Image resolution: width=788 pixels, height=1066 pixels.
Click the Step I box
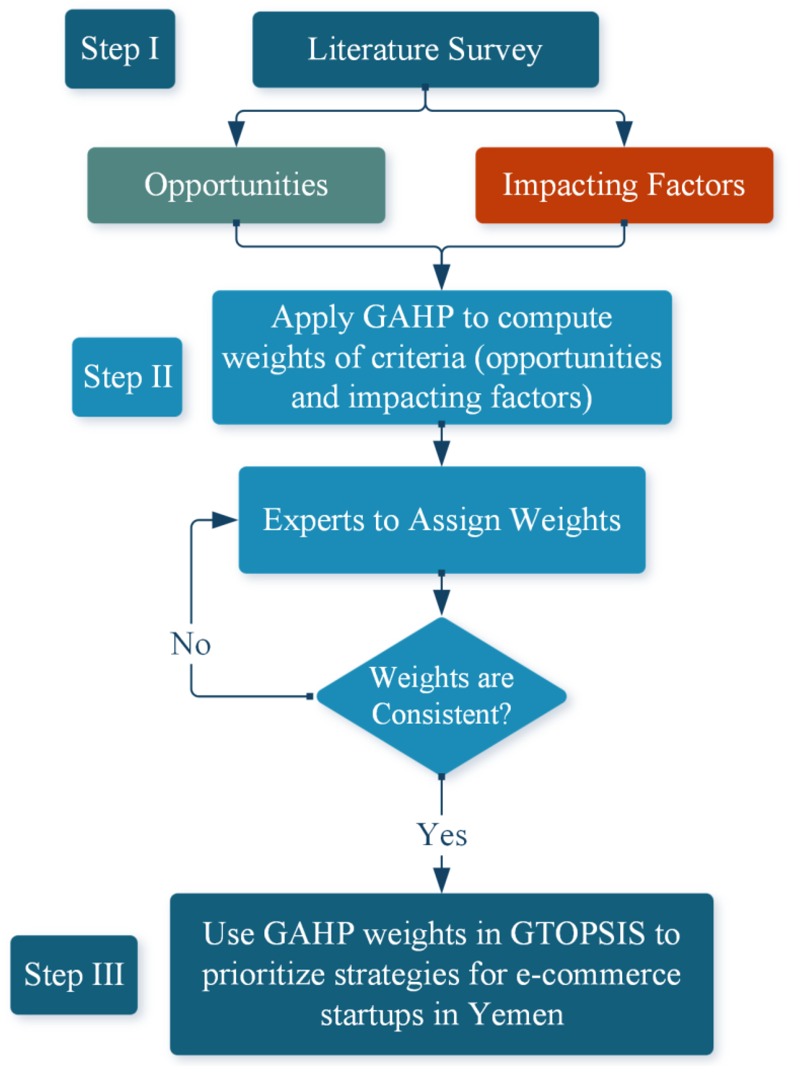(x=120, y=49)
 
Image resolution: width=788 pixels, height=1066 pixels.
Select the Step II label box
(x=127, y=377)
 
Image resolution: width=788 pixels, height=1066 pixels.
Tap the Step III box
(x=74, y=975)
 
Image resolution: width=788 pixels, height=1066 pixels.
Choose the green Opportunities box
(x=236, y=185)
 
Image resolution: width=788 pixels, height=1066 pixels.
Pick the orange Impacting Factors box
(x=624, y=185)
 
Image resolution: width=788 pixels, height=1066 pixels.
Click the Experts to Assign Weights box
(x=442, y=519)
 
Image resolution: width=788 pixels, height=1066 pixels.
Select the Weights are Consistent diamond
(x=442, y=696)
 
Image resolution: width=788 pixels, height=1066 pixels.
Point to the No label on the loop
(x=191, y=644)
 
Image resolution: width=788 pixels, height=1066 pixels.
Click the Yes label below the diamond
(x=442, y=835)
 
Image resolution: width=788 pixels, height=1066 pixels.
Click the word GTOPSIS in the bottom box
(x=577, y=933)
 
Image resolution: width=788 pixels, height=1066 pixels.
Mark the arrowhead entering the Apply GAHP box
(x=442, y=277)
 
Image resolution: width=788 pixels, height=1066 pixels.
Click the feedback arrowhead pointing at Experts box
(x=224, y=520)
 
